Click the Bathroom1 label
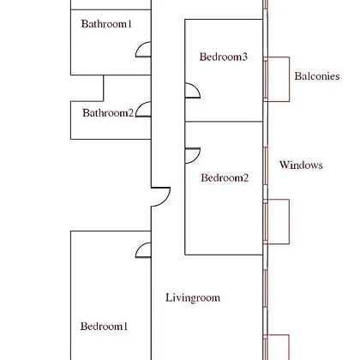coord(106,24)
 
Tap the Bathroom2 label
coord(108,113)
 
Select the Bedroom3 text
coord(224,57)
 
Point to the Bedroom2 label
coord(225,177)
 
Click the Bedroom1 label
coord(104,326)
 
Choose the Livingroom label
coord(193,297)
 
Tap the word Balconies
coord(317,76)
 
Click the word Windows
coord(301,165)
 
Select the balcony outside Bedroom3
coord(289,79)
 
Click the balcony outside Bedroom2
coord(289,221)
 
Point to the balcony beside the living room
coord(289,347)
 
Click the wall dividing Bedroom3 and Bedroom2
coord(224,122)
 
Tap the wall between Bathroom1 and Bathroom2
coord(111,75)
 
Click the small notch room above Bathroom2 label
coord(87,88)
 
